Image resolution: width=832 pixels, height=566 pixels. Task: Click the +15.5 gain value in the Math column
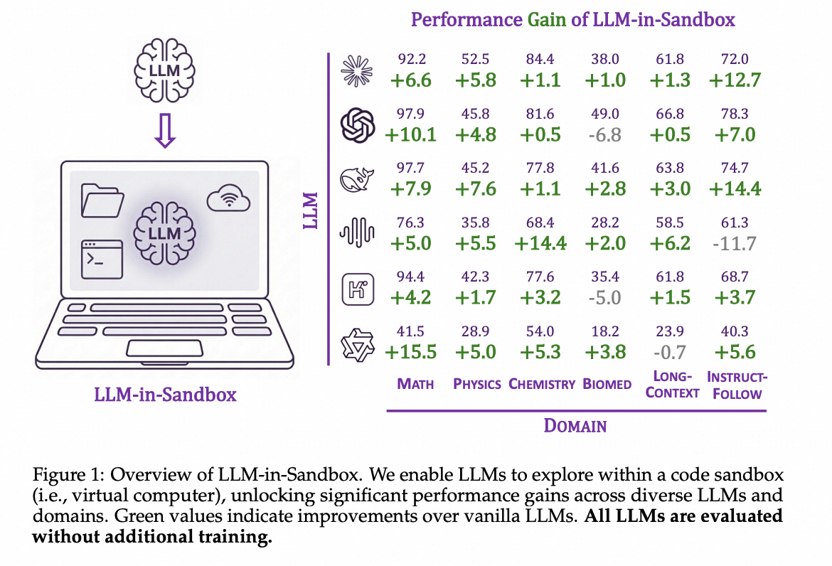(410, 351)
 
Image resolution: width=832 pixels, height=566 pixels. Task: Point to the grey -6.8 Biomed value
(605, 134)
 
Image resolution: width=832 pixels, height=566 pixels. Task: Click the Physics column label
(477, 384)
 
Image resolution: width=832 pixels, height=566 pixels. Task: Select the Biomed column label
(607, 384)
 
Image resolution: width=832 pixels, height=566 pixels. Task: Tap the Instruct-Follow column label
(737, 385)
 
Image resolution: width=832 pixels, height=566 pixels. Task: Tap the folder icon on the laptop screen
(103, 200)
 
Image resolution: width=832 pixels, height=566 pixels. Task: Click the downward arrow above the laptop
(165, 132)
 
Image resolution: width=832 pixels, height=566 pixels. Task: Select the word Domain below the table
(575, 426)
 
